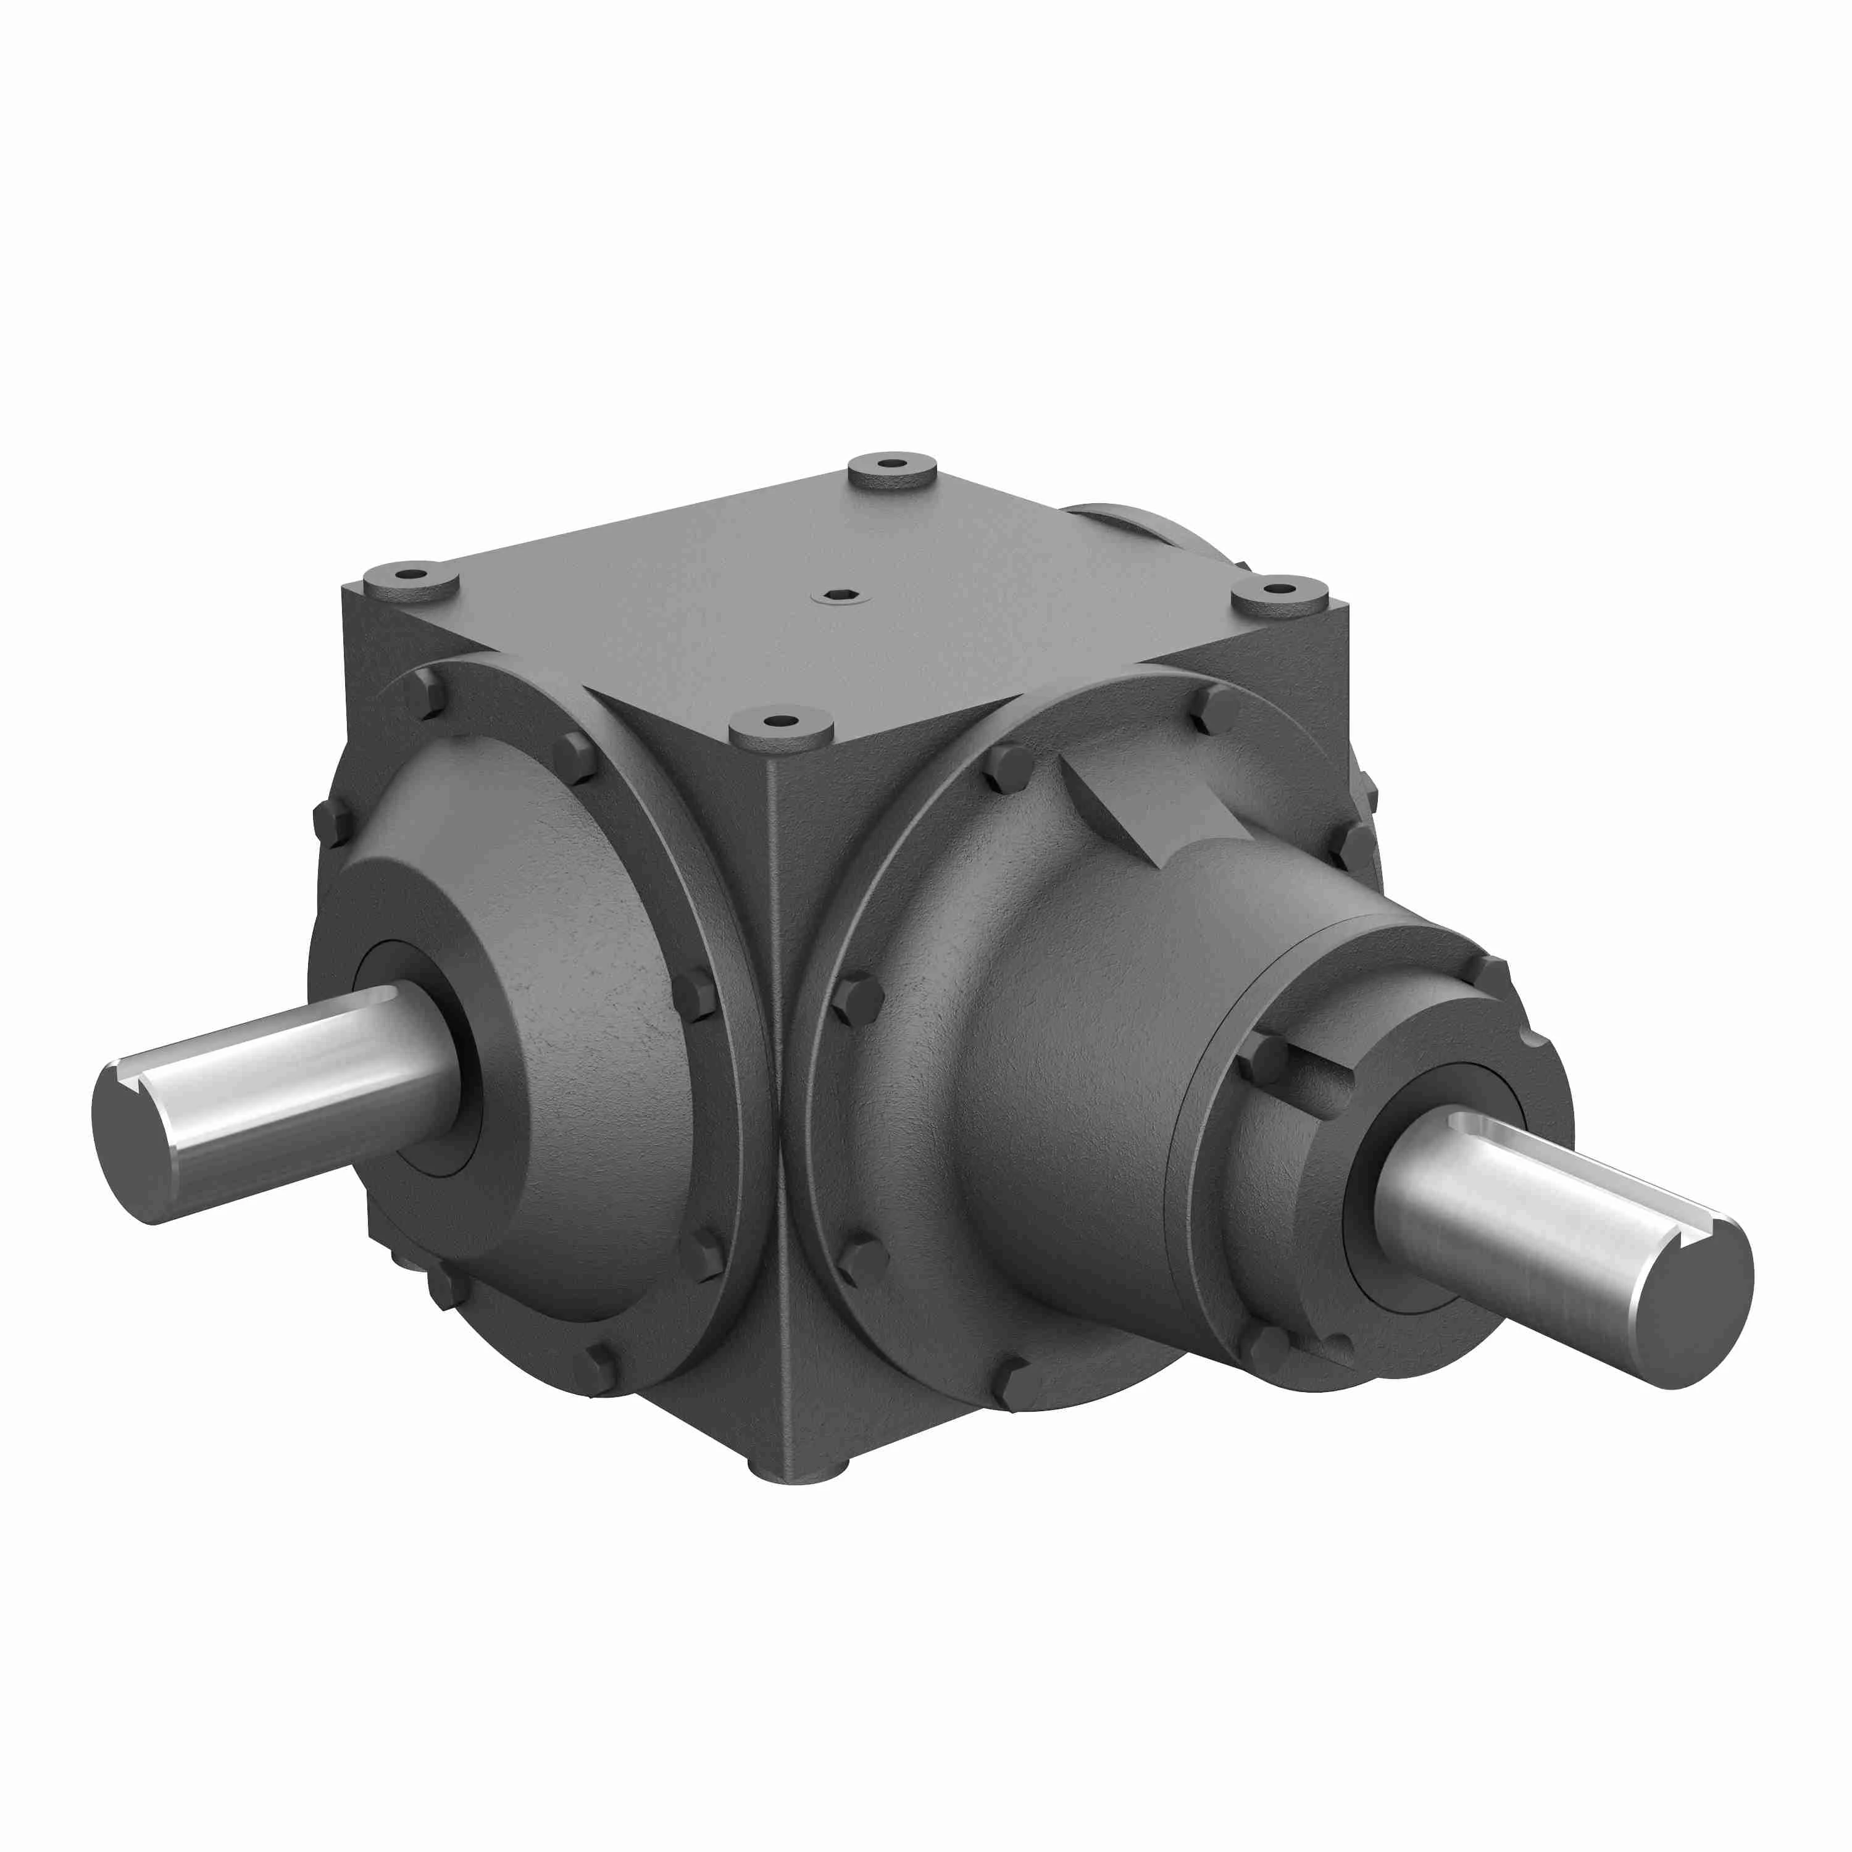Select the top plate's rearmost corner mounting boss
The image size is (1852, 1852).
(x=891, y=468)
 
